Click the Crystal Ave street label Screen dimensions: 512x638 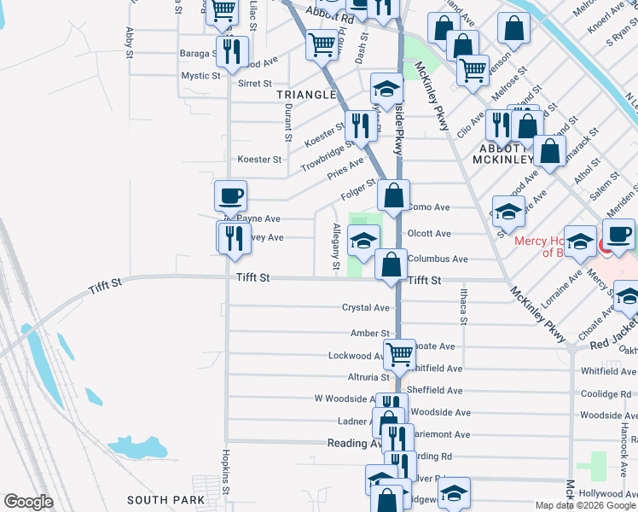(x=365, y=307)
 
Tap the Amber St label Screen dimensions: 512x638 (x=369, y=334)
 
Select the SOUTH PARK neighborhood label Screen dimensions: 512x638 (x=165, y=500)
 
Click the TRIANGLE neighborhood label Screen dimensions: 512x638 (x=306, y=95)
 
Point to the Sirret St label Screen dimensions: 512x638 (x=254, y=84)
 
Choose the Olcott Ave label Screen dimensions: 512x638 (x=429, y=233)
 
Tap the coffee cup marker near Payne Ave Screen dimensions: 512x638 (x=230, y=196)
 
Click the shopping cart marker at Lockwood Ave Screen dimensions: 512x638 (x=399, y=353)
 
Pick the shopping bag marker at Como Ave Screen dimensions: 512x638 (x=393, y=196)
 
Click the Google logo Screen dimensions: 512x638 (x=28, y=502)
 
